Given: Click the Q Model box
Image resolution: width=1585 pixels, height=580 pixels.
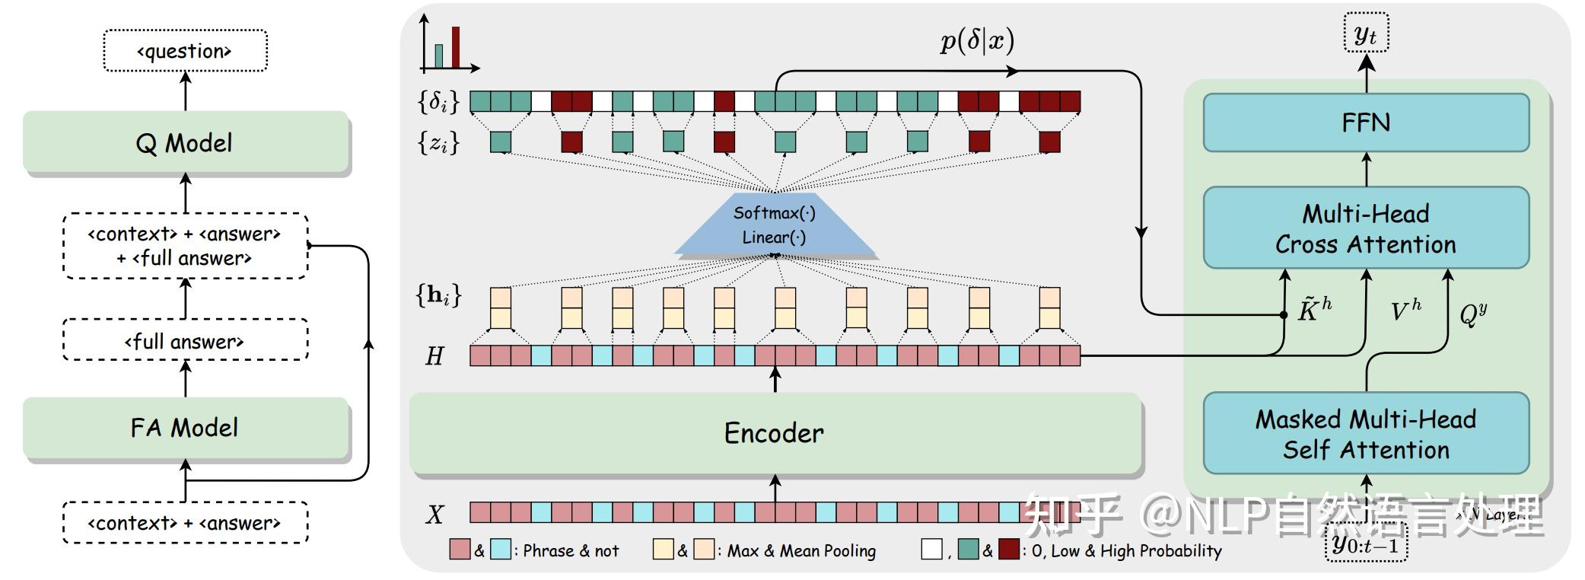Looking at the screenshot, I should (185, 142).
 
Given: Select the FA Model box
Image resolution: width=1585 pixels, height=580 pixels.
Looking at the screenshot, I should (185, 428).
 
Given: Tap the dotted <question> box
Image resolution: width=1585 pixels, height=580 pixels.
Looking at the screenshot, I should (185, 51).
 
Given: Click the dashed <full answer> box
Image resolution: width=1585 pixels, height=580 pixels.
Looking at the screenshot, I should (185, 340).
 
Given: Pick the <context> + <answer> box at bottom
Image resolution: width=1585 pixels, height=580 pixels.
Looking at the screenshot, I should (185, 523).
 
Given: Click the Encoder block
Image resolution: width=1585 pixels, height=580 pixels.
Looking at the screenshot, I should (775, 433).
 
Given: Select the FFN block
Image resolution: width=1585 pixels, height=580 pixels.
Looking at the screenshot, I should (1366, 123).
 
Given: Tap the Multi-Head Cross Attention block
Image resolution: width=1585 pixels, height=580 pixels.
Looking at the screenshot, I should (1366, 228).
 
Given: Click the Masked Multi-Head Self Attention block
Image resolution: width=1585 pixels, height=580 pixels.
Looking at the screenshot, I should (1366, 434).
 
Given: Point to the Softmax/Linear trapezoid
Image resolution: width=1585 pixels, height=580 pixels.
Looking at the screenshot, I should (775, 225).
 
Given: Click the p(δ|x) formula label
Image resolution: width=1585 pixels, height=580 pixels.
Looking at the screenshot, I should (977, 40).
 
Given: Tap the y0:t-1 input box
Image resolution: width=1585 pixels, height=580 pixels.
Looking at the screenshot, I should (1366, 543).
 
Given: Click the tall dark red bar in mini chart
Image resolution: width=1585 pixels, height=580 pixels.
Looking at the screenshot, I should (456, 48).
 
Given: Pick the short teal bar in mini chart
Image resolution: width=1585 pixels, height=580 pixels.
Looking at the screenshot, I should (439, 56).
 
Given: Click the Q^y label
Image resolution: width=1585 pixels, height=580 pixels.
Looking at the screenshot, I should (1473, 313).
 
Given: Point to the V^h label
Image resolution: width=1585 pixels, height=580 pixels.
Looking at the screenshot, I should (1405, 311).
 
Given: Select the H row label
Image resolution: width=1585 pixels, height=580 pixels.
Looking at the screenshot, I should (434, 356).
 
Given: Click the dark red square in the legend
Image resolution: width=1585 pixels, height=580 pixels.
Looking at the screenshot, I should (1008, 550).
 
